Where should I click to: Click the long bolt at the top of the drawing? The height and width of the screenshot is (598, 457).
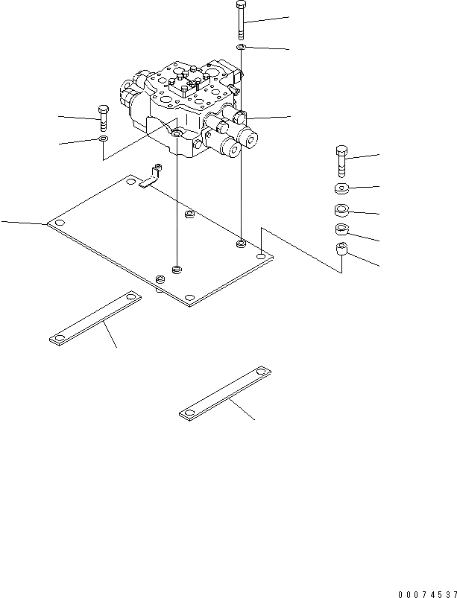[x=241, y=21]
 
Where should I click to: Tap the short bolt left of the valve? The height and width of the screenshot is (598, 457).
[x=102, y=118]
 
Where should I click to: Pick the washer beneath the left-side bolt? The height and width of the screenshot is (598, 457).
[x=103, y=139]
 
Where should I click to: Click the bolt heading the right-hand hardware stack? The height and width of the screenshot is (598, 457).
[x=341, y=162]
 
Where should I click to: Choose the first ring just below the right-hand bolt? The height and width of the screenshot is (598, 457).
[x=341, y=187]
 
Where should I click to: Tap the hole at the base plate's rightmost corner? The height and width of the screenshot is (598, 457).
[x=260, y=256]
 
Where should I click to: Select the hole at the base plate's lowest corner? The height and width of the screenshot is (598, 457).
[x=189, y=300]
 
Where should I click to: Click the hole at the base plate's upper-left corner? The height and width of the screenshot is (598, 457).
[x=130, y=181]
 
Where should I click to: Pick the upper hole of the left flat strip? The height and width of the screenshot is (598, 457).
[x=131, y=299]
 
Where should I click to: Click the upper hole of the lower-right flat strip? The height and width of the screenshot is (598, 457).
[x=261, y=371]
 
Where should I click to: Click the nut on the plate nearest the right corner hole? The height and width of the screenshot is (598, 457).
[x=241, y=244]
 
